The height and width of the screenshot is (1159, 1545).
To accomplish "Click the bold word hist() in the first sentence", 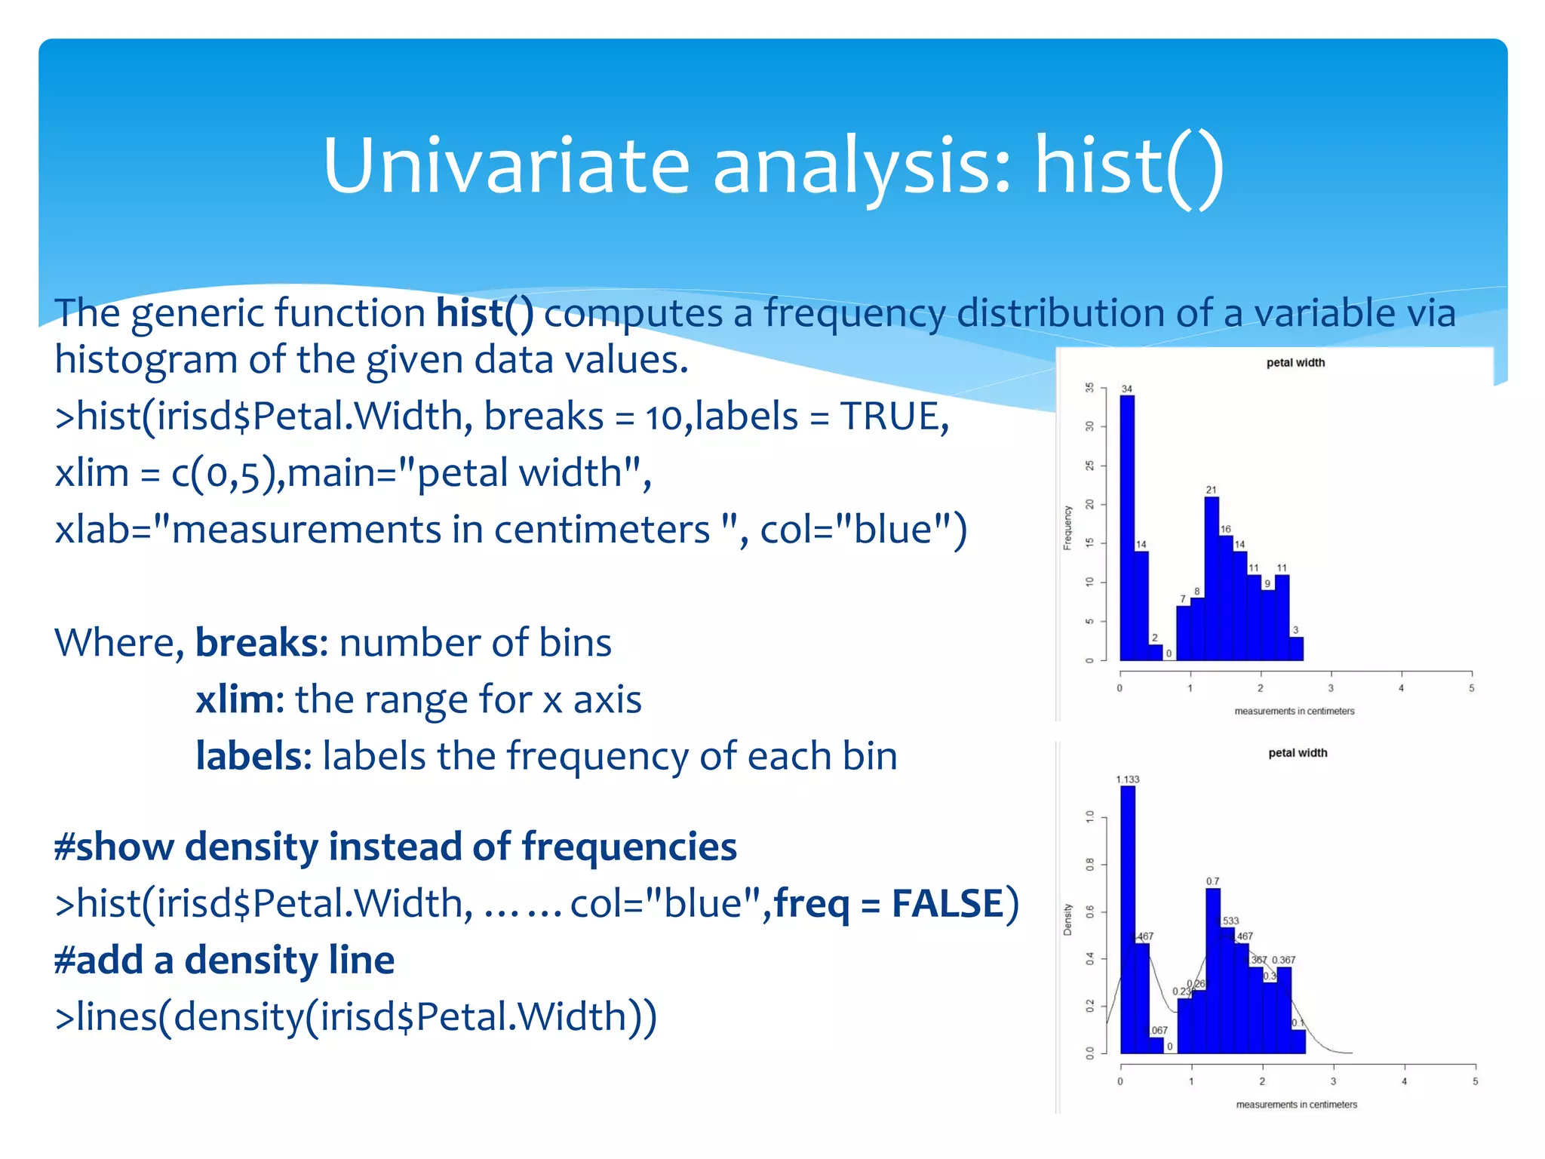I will (x=484, y=313).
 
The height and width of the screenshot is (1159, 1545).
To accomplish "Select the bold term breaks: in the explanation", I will (x=261, y=643).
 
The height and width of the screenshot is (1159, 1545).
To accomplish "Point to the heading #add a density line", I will (x=224, y=960).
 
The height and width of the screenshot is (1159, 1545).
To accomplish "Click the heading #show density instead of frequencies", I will (x=395, y=847).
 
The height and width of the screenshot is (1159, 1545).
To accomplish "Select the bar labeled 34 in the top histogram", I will (x=1126, y=528).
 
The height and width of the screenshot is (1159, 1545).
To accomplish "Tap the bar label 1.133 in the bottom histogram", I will (x=1128, y=779).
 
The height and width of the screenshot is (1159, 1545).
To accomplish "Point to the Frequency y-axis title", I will (x=1067, y=527).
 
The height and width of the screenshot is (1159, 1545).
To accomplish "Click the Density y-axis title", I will (x=1067, y=919).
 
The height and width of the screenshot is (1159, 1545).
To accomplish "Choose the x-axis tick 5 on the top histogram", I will (x=1471, y=688).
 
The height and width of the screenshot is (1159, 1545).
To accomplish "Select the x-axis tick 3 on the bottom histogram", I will (x=1333, y=1081).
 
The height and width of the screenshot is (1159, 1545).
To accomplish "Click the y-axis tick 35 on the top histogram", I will (x=1089, y=388).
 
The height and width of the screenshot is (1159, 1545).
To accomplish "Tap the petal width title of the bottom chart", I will (x=1298, y=753).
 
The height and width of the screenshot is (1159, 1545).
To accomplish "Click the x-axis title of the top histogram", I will (x=1294, y=711).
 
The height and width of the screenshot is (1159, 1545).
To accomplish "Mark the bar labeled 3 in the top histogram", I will (x=1296, y=649).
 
